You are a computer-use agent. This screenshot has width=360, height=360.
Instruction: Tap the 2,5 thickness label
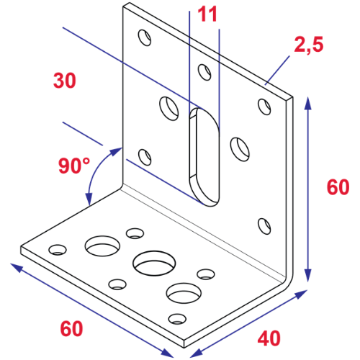pos(309,45)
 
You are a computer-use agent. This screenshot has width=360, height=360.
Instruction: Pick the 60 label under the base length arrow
pos(71,329)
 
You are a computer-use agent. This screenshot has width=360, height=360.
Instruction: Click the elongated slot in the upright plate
pos(203,155)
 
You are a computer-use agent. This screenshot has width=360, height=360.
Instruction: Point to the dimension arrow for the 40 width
pos(252,323)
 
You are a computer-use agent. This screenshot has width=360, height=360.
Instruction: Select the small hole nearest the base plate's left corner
pos(56,250)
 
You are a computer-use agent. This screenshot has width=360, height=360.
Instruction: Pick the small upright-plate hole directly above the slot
pos(204,71)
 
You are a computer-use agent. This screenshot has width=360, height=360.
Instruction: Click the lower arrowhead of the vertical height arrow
pos(310,276)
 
